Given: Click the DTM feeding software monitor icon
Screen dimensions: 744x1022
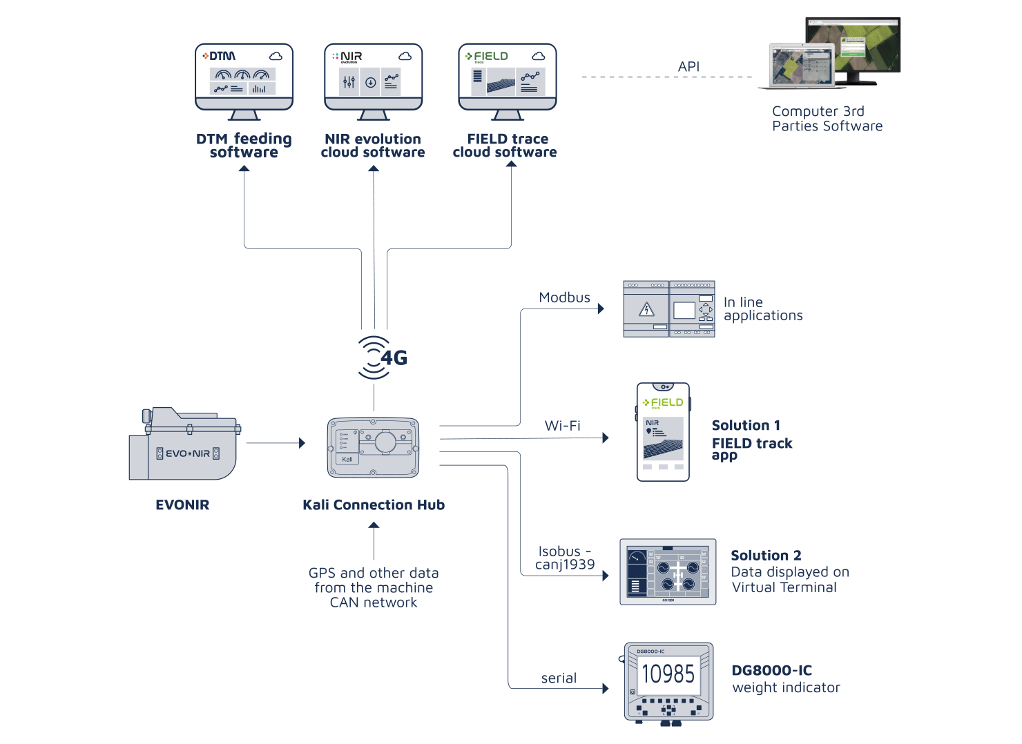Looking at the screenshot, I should (244, 80).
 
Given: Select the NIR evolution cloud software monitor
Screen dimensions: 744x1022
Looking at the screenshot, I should (373, 80).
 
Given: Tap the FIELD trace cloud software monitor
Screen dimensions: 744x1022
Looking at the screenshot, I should (508, 80).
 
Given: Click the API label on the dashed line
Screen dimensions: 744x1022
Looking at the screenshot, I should (688, 67).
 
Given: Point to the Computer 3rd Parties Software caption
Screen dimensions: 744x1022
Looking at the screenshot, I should (827, 119).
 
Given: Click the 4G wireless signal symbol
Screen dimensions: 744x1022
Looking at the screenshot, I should (381, 358).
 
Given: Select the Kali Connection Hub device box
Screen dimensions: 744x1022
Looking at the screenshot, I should (373, 448).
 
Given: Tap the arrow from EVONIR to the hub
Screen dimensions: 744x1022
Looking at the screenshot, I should (275, 443).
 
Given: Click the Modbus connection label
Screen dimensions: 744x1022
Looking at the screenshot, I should (564, 297).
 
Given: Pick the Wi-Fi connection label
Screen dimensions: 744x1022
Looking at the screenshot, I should (562, 426).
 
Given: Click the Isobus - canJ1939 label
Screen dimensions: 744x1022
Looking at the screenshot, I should (565, 558).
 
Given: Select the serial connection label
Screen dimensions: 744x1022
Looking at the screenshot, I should (559, 678).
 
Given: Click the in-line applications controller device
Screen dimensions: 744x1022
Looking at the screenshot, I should (668, 309).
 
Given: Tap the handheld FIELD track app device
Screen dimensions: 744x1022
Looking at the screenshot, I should (663, 432).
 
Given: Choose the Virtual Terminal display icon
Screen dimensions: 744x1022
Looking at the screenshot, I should (668, 572).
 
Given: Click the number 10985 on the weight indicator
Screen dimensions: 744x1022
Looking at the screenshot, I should (668, 674).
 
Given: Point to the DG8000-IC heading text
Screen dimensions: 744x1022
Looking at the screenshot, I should (771, 670).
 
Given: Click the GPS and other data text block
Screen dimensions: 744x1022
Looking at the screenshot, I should (374, 587).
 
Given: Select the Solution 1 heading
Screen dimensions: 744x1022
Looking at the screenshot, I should (746, 425).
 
